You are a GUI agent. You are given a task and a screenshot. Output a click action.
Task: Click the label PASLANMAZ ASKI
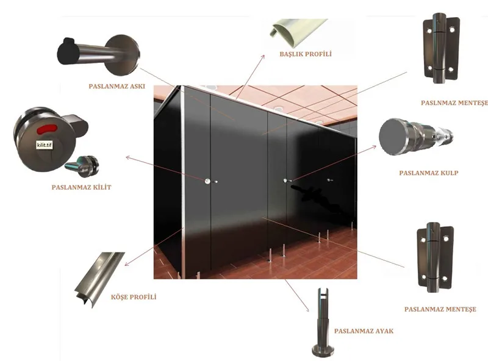tap(117, 86)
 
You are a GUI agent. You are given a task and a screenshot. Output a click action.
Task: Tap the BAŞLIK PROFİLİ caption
tap(305, 54)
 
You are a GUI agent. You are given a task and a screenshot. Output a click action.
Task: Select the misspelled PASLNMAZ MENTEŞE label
tap(454, 103)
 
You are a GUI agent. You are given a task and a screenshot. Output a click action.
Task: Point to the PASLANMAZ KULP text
tap(428, 173)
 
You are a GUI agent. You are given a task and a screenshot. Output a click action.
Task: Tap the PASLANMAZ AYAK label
tap(363, 331)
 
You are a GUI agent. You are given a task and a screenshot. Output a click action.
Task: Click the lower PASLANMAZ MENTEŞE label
tap(440, 310)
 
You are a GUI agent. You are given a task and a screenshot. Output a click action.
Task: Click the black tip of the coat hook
tap(66, 52)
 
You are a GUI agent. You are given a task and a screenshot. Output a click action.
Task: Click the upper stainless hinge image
tap(440, 49)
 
